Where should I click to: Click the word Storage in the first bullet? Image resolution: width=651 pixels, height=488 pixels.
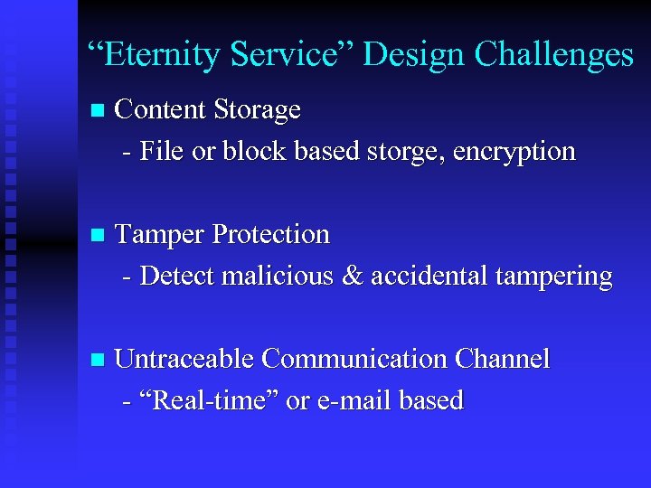point(258,110)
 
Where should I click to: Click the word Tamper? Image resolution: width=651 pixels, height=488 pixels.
point(160,234)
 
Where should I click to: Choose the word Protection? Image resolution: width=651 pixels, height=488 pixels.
point(271,234)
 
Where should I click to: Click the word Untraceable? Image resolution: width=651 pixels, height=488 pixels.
point(184,359)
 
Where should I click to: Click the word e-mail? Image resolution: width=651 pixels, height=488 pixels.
point(353,400)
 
